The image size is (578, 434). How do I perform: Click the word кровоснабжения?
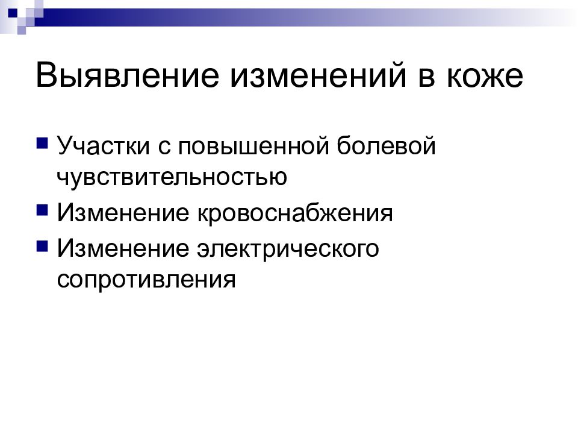294,213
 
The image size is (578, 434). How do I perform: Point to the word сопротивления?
146,280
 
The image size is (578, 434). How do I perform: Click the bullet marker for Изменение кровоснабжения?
42,211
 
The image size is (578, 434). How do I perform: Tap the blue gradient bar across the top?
301,13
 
